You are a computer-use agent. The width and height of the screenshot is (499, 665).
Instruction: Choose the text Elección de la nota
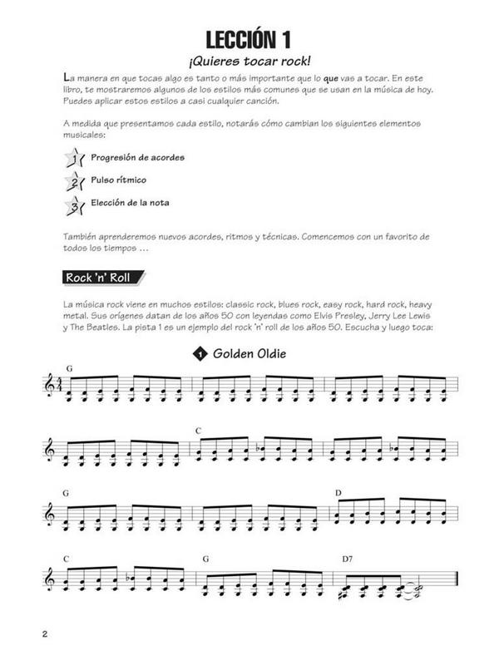[x=133, y=204]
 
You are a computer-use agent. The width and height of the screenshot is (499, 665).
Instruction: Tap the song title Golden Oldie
[x=249, y=355]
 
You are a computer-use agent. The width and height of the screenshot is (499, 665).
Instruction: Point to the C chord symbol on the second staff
[x=199, y=431]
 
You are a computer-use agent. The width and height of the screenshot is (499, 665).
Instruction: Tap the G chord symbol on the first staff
[x=70, y=367]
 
